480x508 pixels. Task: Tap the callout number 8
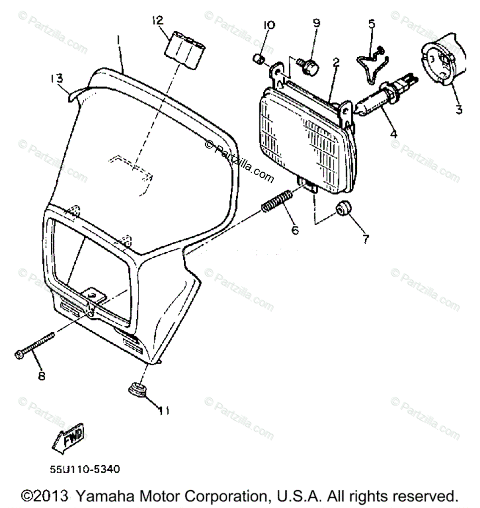pyautogui.click(x=41, y=375)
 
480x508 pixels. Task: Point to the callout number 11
pyautogui.click(x=164, y=410)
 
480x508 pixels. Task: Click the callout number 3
pyautogui.click(x=458, y=109)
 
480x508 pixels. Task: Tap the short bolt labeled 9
pyautogui.click(x=310, y=66)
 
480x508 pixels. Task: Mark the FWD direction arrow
pyautogui.click(x=69, y=437)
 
